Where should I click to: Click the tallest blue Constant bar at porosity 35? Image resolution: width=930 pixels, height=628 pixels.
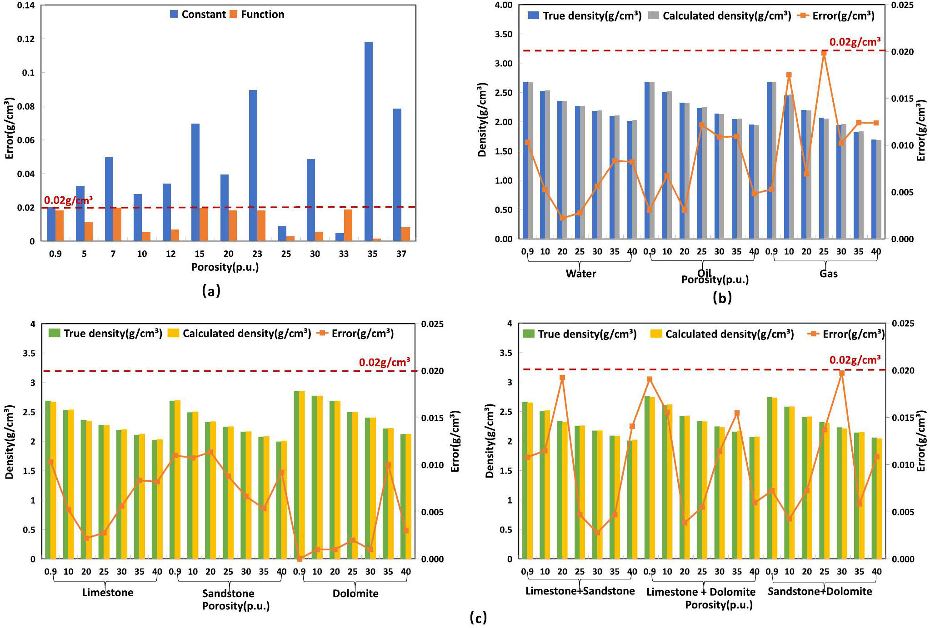click(x=369, y=141)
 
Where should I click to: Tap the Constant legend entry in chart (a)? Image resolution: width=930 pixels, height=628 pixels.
click(x=198, y=15)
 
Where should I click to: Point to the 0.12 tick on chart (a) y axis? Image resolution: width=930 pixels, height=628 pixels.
click(x=25, y=39)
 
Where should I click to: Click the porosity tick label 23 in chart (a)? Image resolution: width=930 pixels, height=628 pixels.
click(x=257, y=254)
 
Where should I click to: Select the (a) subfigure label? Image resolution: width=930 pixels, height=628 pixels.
click(x=211, y=290)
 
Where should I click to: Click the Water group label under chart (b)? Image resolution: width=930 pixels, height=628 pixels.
click(x=580, y=274)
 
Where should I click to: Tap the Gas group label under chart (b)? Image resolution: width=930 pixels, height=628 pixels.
click(x=828, y=274)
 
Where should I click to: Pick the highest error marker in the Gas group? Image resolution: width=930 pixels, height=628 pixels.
click(x=824, y=53)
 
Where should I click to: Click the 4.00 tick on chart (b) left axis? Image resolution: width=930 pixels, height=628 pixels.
click(x=503, y=5)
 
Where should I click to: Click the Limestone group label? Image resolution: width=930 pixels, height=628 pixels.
click(x=108, y=593)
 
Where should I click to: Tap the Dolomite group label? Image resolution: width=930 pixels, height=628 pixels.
click(x=355, y=593)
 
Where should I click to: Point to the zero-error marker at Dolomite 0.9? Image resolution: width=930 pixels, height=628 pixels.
click(x=299, y=559)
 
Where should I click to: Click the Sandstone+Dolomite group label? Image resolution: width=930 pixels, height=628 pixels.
click(x=820, y=591)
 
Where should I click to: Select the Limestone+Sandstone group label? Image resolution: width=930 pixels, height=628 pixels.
click(x=580, y=591)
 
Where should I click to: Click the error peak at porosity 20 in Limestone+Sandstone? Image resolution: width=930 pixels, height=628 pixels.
click(x=562, y=378)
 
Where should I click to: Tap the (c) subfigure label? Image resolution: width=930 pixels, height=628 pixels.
click(x=478, y=617)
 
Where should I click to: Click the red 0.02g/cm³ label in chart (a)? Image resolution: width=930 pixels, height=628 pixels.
click(x=68, y=200)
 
